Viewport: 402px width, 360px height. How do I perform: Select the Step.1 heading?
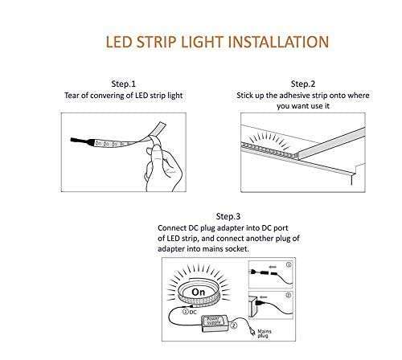tap(123, 84)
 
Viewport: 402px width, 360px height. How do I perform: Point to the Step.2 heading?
tap(302, 84)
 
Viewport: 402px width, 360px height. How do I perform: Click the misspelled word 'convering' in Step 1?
tap(117, 95)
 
